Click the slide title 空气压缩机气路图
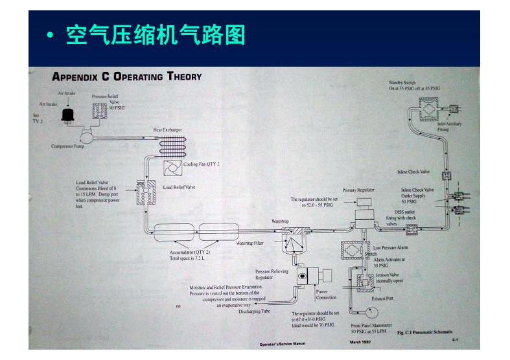[x=156, y=36]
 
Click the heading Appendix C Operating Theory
[x=127, y=76]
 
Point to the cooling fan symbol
[x=173, y=168]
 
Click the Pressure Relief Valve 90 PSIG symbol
[x=102, y=114]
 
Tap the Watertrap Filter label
[x=249, y=243]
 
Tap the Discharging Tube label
[x=240, y=311]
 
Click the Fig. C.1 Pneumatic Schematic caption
[x=424, y=332]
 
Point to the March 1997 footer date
[x=360, y=342]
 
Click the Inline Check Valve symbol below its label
[x=446, y=176]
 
